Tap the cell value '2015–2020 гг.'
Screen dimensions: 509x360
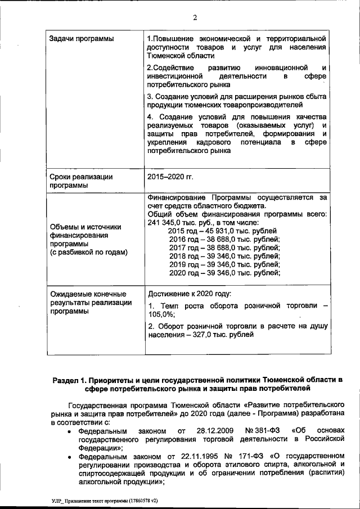coord(170,177)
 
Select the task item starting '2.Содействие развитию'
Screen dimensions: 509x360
coord(236,76)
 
